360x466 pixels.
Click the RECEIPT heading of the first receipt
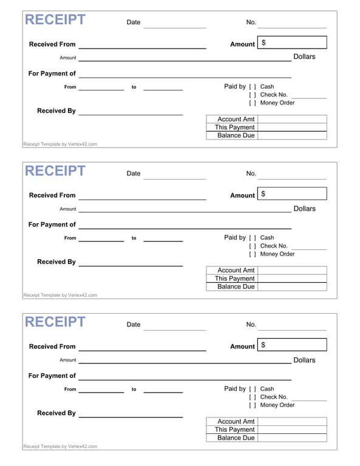click(55, 20)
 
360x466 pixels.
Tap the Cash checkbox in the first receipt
click(253, 87)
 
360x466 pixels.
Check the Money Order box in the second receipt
click(253, 254)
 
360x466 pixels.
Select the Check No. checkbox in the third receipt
click(253, 397)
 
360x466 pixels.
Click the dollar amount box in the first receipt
click(292, 42)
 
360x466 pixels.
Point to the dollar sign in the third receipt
click(263, 345)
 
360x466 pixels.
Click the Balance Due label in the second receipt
click(236, 286)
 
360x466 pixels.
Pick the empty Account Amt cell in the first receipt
click(292, 120)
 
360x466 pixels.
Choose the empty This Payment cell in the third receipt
click(292, 430)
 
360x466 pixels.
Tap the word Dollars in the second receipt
click(304, 209)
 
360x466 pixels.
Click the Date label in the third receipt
click(134, 325)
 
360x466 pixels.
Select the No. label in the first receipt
click(251, 22)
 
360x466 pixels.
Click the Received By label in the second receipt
click(56, 262)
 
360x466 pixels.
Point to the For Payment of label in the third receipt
click(52, 376)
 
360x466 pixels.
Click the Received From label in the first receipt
click(52, 44)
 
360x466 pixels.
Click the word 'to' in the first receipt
click(134, 87)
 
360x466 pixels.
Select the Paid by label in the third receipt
click(235, 389)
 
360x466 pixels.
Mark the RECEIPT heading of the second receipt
click(55, 171)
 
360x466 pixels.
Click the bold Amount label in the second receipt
click(242, 195)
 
